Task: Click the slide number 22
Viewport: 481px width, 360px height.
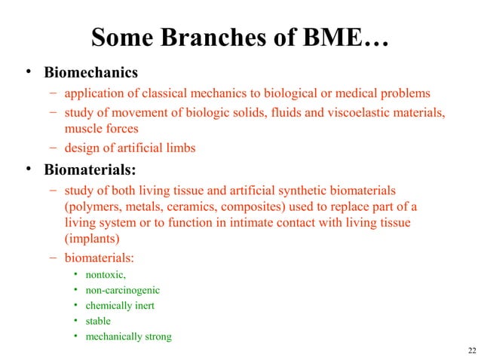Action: pos(471,351)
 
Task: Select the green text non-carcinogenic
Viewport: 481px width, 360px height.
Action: pos(122,290)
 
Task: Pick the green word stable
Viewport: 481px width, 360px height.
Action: pos(98,321)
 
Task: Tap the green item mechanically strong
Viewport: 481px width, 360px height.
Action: pos(128,337)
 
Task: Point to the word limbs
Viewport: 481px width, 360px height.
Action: pos(181,148)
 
